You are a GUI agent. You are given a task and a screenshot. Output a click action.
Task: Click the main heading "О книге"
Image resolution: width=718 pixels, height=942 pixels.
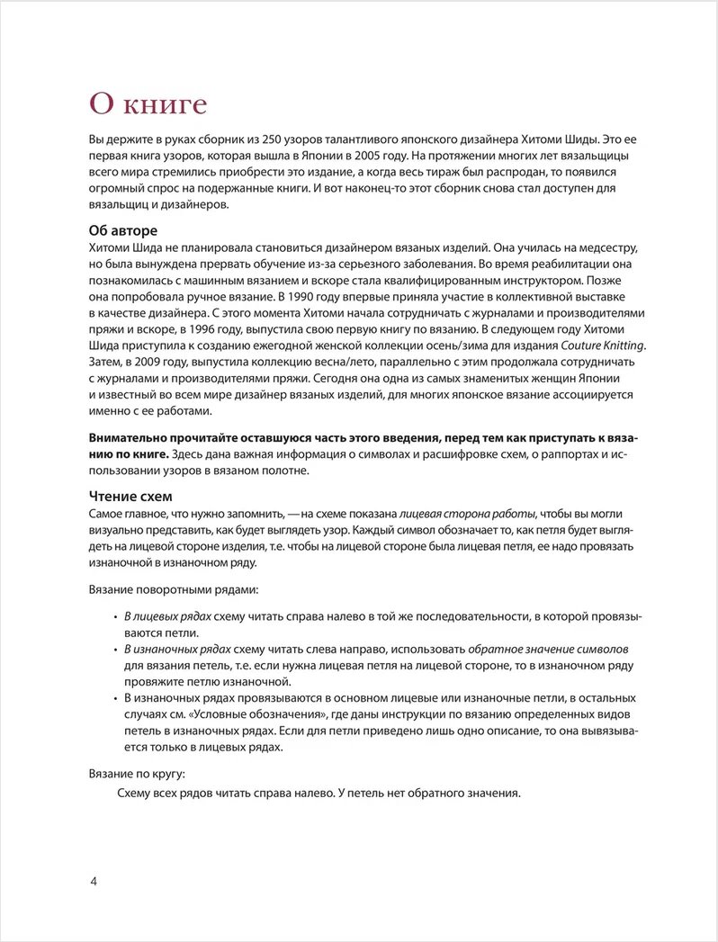(x=148, y=103)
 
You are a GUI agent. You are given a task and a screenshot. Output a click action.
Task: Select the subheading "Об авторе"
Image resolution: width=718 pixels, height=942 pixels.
(x=122, y=230)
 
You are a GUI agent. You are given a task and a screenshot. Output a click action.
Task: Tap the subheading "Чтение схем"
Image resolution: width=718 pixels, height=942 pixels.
(x=130, y=496)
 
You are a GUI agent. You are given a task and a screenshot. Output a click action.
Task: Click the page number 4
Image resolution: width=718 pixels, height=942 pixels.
(x=94, y=880)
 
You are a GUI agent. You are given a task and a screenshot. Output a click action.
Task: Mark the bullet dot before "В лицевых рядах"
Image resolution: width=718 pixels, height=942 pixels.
(x=115, y=616)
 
